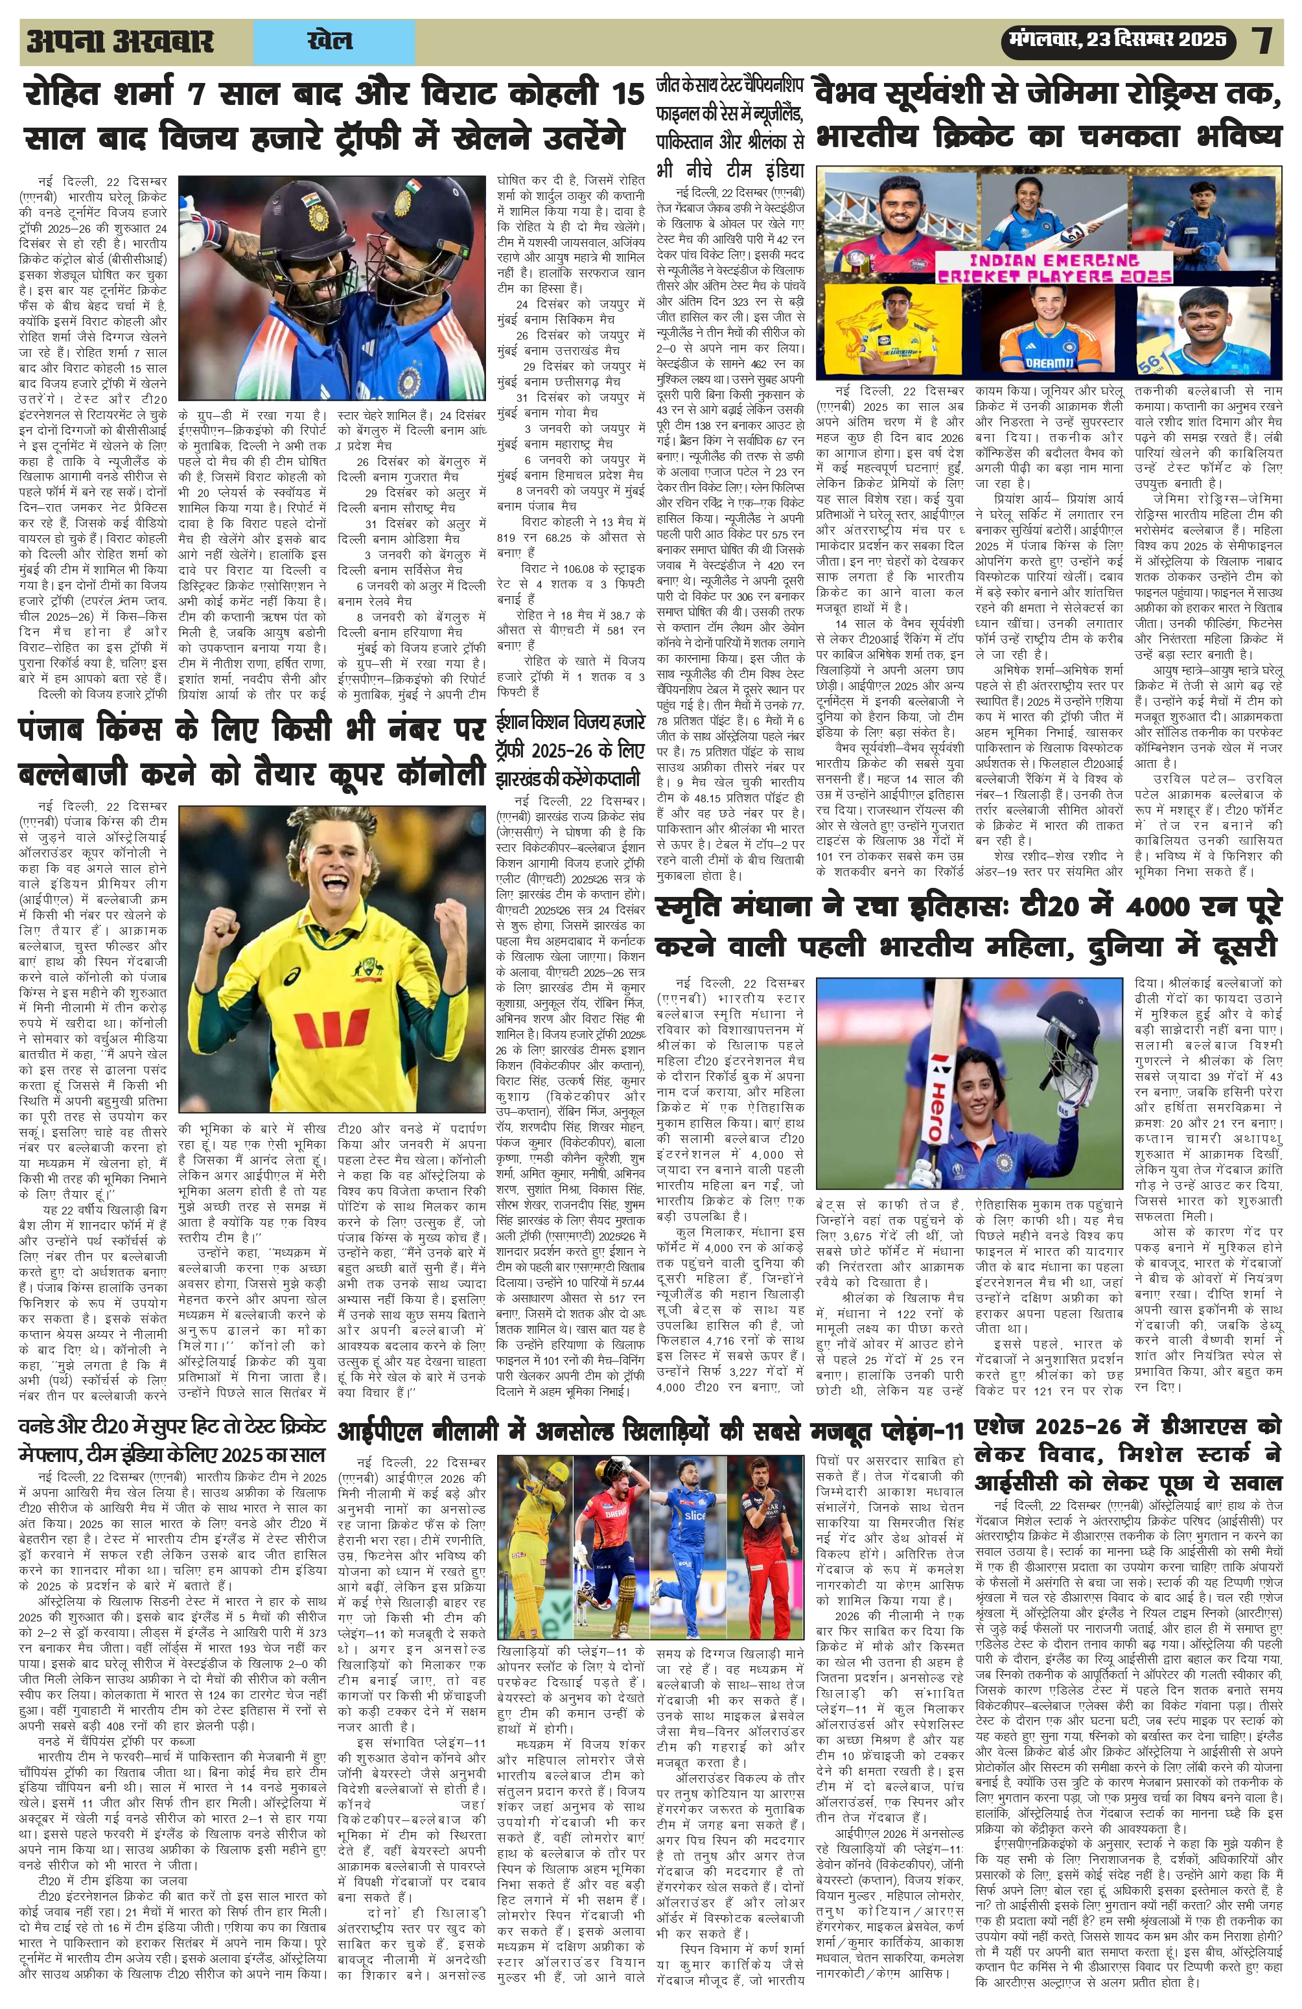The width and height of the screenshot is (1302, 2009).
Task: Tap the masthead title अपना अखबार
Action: pyautogui.click(x=120, y=41)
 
